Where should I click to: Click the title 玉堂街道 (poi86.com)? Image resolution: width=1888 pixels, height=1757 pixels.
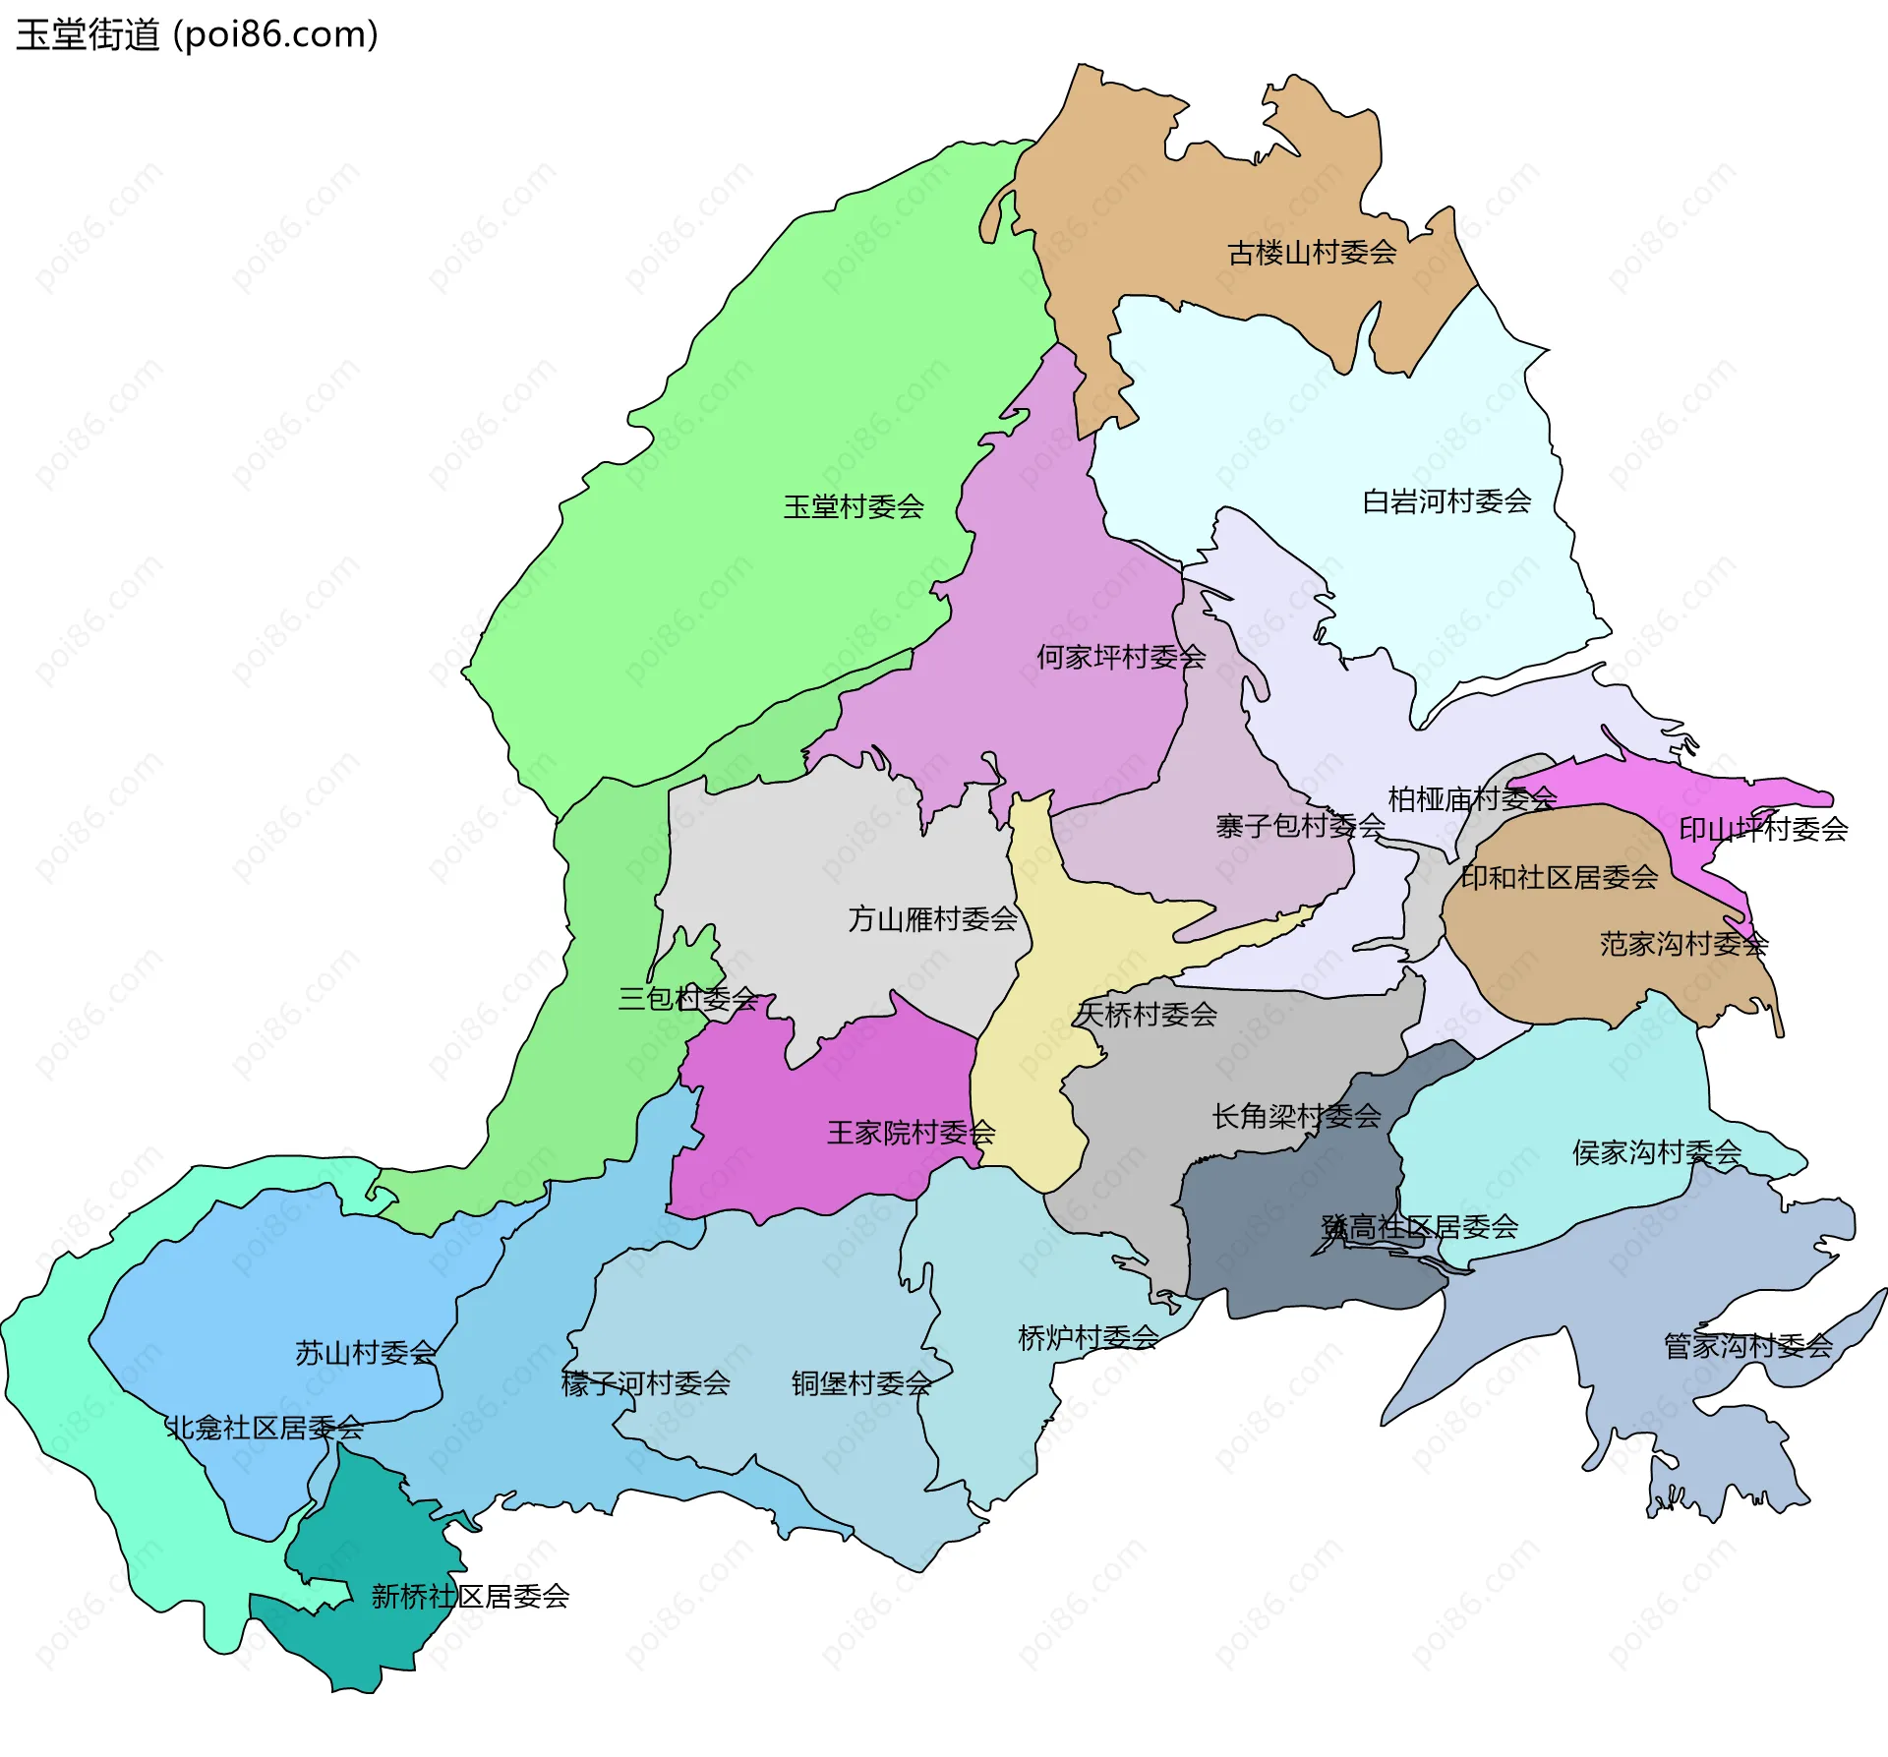click(x=197, y=35)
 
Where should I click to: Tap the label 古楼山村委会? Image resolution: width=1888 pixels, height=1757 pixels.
click(x=1312, y=254)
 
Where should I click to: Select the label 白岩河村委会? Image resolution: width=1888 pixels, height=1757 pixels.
click(x=1446, y=502)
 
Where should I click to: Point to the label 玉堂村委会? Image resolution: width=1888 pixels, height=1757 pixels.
click(x=854, y=507)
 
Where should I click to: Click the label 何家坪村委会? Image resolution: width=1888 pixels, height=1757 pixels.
click(x=1121, y=658)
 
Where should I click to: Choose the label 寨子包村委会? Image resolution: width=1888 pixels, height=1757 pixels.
click(x=1300, y=827)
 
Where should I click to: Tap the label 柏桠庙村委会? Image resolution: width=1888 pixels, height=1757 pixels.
click(x=1472, y=799)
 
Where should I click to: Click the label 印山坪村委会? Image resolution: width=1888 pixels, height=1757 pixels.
click(x=1763, y=830)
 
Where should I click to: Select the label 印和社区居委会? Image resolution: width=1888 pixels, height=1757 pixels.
click(x=1559, y=878)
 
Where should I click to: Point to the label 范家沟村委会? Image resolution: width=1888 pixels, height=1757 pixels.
click(x=1683, y=945)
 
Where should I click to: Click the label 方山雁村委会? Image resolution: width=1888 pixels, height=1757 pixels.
click(x=932, y=920)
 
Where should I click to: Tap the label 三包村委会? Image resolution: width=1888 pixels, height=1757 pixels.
click(x=687, y=1000)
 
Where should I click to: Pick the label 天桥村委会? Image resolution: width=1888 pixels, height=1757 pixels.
click(x=1147, y=1015)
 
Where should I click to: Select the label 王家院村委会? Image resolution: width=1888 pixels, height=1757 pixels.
click(x=911, y=1134)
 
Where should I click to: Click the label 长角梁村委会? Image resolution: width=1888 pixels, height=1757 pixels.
click(x=1296, y=1117)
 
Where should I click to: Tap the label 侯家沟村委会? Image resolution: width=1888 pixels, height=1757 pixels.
click(x=1657, y=1152)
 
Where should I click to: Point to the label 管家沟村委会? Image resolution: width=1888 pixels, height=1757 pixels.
click(x=1747, y=1346)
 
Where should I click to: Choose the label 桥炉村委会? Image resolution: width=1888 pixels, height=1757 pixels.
click(x=1088, y=1338)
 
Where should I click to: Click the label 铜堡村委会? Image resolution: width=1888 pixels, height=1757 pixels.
click(x=861, y=1384)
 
